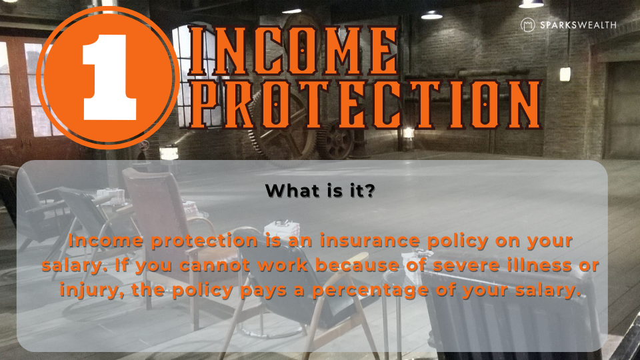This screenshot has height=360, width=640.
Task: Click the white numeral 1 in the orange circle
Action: (x=109, y=77)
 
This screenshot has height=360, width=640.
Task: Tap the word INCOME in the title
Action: (x=293, y=51)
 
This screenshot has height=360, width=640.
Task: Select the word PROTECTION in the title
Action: (x=365, y=105)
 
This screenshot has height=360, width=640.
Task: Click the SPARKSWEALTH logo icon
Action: (x=528, y=25)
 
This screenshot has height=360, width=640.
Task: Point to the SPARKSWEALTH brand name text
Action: (x=578, y=25)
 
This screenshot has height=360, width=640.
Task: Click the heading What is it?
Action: (x=319, y=191)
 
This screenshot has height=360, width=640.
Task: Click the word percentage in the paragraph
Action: (x=370, y=291)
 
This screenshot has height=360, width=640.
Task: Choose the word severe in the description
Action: (x=467, y=266)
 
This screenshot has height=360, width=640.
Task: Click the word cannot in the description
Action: (x=214, y=266)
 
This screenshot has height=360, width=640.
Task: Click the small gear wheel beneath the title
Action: (x=335, y=141)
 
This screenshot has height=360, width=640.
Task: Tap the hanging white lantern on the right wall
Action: (x=565, y=74)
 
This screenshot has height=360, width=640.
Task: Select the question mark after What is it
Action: (x=370, y=191)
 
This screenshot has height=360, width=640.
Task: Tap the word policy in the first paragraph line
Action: (x=457, y=241)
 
